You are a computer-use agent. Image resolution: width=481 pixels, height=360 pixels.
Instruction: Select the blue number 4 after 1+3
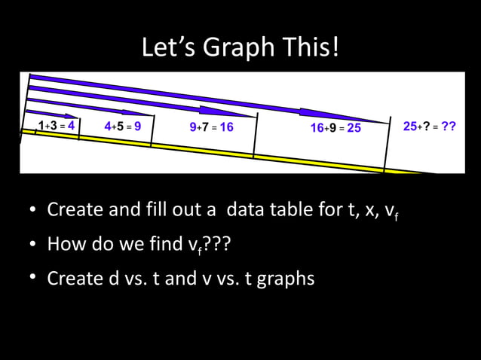71,125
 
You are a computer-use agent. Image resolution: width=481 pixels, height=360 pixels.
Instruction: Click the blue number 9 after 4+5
138,126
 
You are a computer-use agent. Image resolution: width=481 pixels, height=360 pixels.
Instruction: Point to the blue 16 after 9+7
226,127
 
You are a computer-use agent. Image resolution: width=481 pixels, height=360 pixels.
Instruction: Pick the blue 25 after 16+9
354,128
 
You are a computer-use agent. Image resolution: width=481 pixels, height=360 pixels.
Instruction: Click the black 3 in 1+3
54,125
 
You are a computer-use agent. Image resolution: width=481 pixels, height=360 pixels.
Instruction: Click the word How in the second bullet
63,244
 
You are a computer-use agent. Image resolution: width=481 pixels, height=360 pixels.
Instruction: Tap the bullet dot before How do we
34,245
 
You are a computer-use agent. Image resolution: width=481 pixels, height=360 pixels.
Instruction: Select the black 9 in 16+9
332,128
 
